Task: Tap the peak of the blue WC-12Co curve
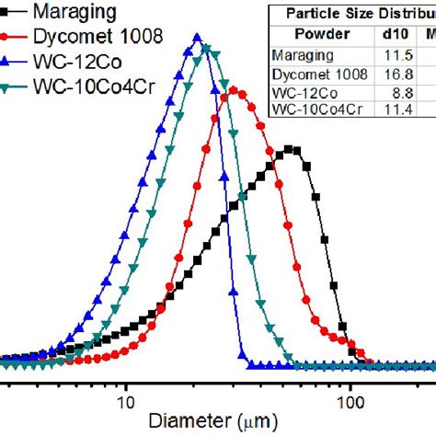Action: coord(197,38)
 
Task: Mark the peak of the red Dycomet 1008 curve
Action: coord(235,90)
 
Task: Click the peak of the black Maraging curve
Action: coord(291,148)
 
